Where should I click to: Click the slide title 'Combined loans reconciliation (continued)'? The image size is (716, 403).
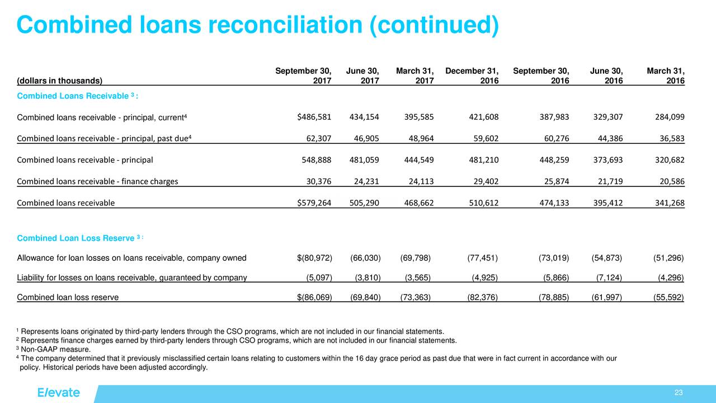click(257, 25)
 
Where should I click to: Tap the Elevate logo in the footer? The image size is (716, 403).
click(59, 392)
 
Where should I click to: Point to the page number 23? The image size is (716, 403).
click(679, 392)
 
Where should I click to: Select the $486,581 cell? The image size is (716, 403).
click(314, 117)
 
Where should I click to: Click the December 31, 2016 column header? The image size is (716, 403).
click(472, 76)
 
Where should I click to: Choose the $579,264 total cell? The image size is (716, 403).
click(314, 203)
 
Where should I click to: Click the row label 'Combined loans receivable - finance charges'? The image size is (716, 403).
click(98, 181)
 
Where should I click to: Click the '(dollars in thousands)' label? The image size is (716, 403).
click(60, 81)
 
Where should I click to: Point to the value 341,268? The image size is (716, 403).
click(670, 203)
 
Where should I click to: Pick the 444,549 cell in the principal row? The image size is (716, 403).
click(418, 160)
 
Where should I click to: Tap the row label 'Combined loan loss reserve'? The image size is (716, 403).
click(68, 297)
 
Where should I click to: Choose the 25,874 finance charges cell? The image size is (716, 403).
click(554, 181)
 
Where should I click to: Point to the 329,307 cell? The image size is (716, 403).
click(607, 117)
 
